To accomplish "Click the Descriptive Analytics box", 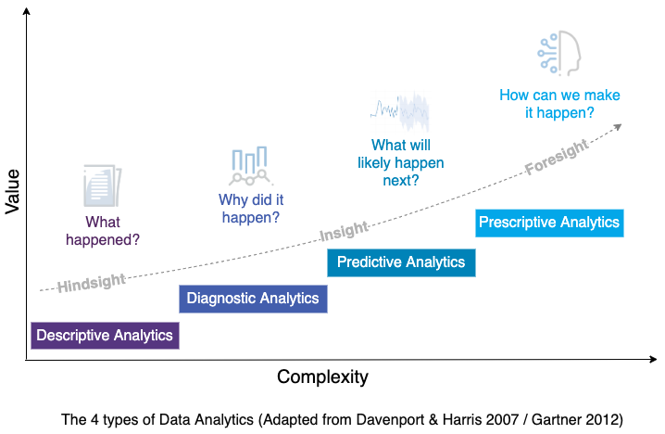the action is click(106, 336).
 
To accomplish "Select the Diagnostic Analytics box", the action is click(253, 299).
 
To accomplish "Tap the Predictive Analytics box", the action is click(401, 262).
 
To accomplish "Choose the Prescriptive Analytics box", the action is click(549, 223).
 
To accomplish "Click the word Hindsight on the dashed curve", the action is click(92, 283).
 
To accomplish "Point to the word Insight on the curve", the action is click(344, 231).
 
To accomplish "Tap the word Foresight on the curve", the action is click(557, 157).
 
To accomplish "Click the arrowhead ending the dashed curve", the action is click(619, 127).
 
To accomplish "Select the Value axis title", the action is click(12, 191).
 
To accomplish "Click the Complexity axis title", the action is click(322, 377).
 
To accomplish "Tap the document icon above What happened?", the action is click(102, 185).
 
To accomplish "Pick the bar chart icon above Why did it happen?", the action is click(250, 166).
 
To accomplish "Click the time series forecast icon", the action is click(400, 111).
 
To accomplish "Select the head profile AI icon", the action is click(559, 53).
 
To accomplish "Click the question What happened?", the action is click(103, 231).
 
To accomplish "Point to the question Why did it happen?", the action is click(251, 209).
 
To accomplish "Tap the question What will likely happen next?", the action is click(401, 162).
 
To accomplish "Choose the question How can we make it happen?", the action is click(559, 104).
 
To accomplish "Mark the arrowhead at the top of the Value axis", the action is click(26, 11).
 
